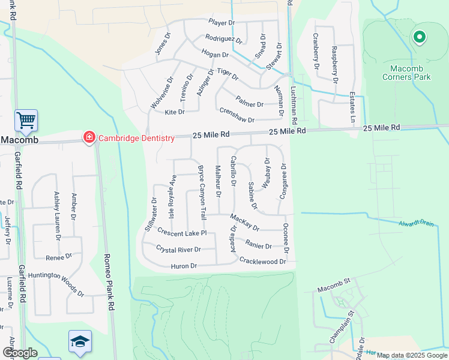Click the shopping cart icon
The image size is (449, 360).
[26, 121]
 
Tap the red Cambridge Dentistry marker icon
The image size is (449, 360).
[89, 138]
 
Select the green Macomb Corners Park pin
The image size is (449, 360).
[419, 38]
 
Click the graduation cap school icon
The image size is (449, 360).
[80, 341]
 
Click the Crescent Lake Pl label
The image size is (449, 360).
[182, 232]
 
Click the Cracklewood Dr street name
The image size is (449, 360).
[263, 261]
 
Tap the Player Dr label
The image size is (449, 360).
[221, 22]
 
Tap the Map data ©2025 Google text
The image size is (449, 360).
[412, 355]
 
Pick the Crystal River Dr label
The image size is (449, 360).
[178, 248]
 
